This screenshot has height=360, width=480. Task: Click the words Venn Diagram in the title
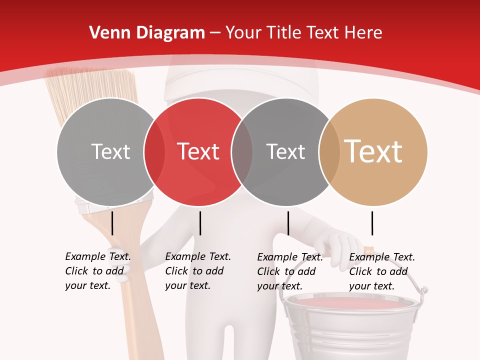point(147,32)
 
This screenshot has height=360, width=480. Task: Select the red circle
point(198,125)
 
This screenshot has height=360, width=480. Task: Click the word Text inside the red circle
point(198,151)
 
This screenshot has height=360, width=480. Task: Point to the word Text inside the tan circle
point(373,151)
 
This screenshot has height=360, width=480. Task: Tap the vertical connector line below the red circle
point(200,223)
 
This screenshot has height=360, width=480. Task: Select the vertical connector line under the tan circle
point(372,223)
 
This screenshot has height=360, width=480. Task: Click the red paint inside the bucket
point(350,302)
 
